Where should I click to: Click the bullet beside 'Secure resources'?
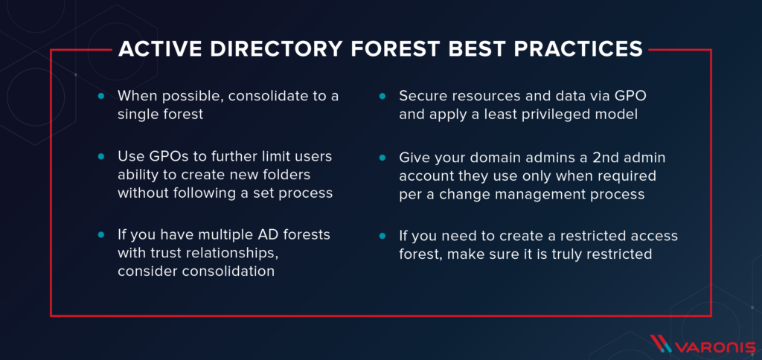[382, 97]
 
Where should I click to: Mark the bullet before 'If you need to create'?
[382, 235]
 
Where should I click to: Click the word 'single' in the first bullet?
[138, 115]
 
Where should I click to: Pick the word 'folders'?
[293, 176]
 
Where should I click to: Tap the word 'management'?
[528, 196]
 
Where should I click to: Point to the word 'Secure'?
[423, 97]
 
